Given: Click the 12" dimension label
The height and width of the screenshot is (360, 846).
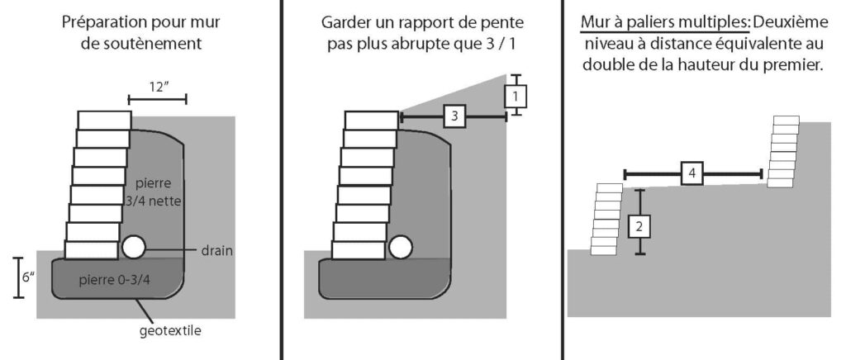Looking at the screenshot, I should (158, 86).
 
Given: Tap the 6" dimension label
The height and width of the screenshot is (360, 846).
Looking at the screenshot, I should (27, 277).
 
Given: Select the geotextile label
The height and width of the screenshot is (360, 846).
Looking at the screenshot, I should (171, 331).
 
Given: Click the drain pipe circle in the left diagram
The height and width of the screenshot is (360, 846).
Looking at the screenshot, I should (133, 246).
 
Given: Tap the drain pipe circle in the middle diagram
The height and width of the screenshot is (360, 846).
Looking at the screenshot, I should (401, 247).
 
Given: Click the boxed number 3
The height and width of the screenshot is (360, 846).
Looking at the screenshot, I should (454, 116).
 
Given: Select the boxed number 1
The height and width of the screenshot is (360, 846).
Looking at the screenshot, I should (516, 97).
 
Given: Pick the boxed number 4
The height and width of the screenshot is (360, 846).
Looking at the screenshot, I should (692, 173).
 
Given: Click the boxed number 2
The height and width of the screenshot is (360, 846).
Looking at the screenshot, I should (639, 224).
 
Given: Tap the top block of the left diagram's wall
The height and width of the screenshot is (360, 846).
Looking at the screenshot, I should (104, 120).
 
